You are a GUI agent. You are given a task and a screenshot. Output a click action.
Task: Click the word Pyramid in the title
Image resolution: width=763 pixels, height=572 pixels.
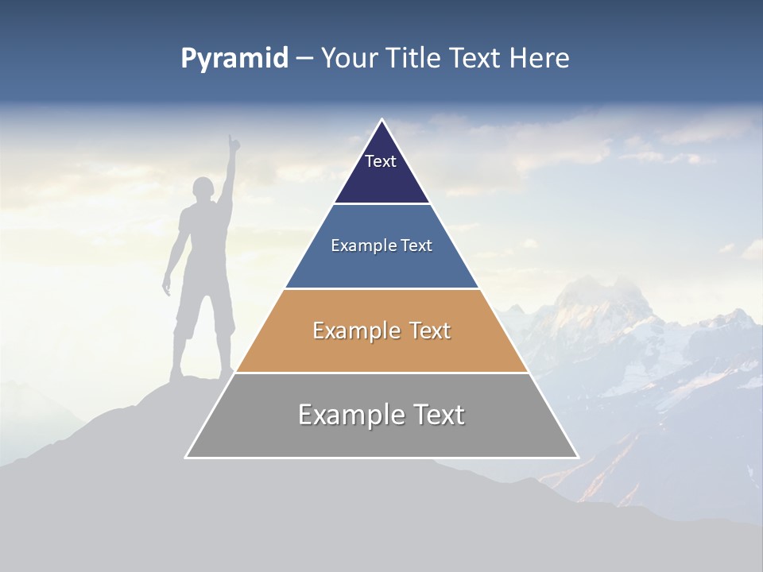(234, 59)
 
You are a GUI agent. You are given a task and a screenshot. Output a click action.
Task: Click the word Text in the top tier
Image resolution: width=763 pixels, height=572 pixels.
(381, 161)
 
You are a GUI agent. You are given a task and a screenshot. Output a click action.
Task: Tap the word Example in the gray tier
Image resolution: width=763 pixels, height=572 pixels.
(351, 415)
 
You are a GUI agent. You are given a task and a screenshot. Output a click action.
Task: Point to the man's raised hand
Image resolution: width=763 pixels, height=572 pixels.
(233, 143)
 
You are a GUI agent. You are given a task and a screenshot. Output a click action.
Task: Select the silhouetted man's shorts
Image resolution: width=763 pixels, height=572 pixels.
(205, 314)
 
